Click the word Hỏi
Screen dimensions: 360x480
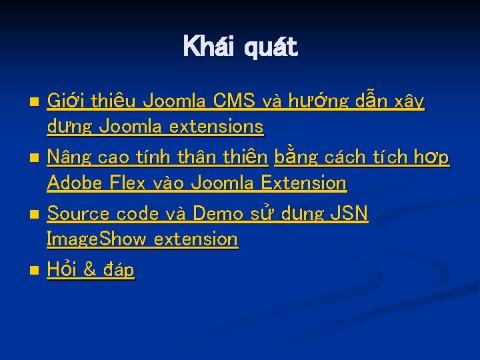coord(62,269)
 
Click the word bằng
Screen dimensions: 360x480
coord(295,158)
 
